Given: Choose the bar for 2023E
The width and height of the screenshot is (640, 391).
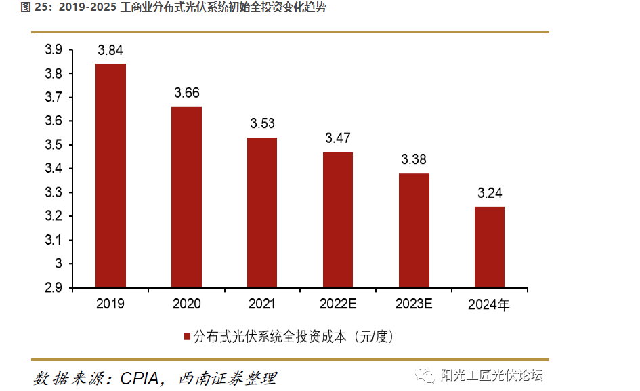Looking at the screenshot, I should tap(414, 230).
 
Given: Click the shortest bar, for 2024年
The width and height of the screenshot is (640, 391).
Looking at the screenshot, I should tap(489, 247).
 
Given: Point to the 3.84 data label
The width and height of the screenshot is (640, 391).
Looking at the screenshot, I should tap(110, 50).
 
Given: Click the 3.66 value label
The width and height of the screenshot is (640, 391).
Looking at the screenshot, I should tap(186, 93).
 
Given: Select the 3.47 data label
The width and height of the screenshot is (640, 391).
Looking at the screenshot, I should tap(338, 138).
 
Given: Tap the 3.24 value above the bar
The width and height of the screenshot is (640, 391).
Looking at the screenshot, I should tap(489, 192).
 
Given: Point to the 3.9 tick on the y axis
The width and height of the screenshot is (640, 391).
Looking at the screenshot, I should tap(54, 50).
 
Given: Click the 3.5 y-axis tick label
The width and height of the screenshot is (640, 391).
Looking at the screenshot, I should tap(54, 145).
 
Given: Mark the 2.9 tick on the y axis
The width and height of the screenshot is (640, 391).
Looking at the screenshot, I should tap(54, 287).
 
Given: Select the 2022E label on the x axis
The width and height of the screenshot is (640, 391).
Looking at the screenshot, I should tap(338, 304).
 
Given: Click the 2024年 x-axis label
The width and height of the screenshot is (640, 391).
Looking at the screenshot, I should tap(489, 305).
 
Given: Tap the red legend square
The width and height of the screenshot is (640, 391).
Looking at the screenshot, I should tap(188, 337).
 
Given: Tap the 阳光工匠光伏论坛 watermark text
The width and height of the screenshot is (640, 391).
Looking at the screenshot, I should tap(492, 376).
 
